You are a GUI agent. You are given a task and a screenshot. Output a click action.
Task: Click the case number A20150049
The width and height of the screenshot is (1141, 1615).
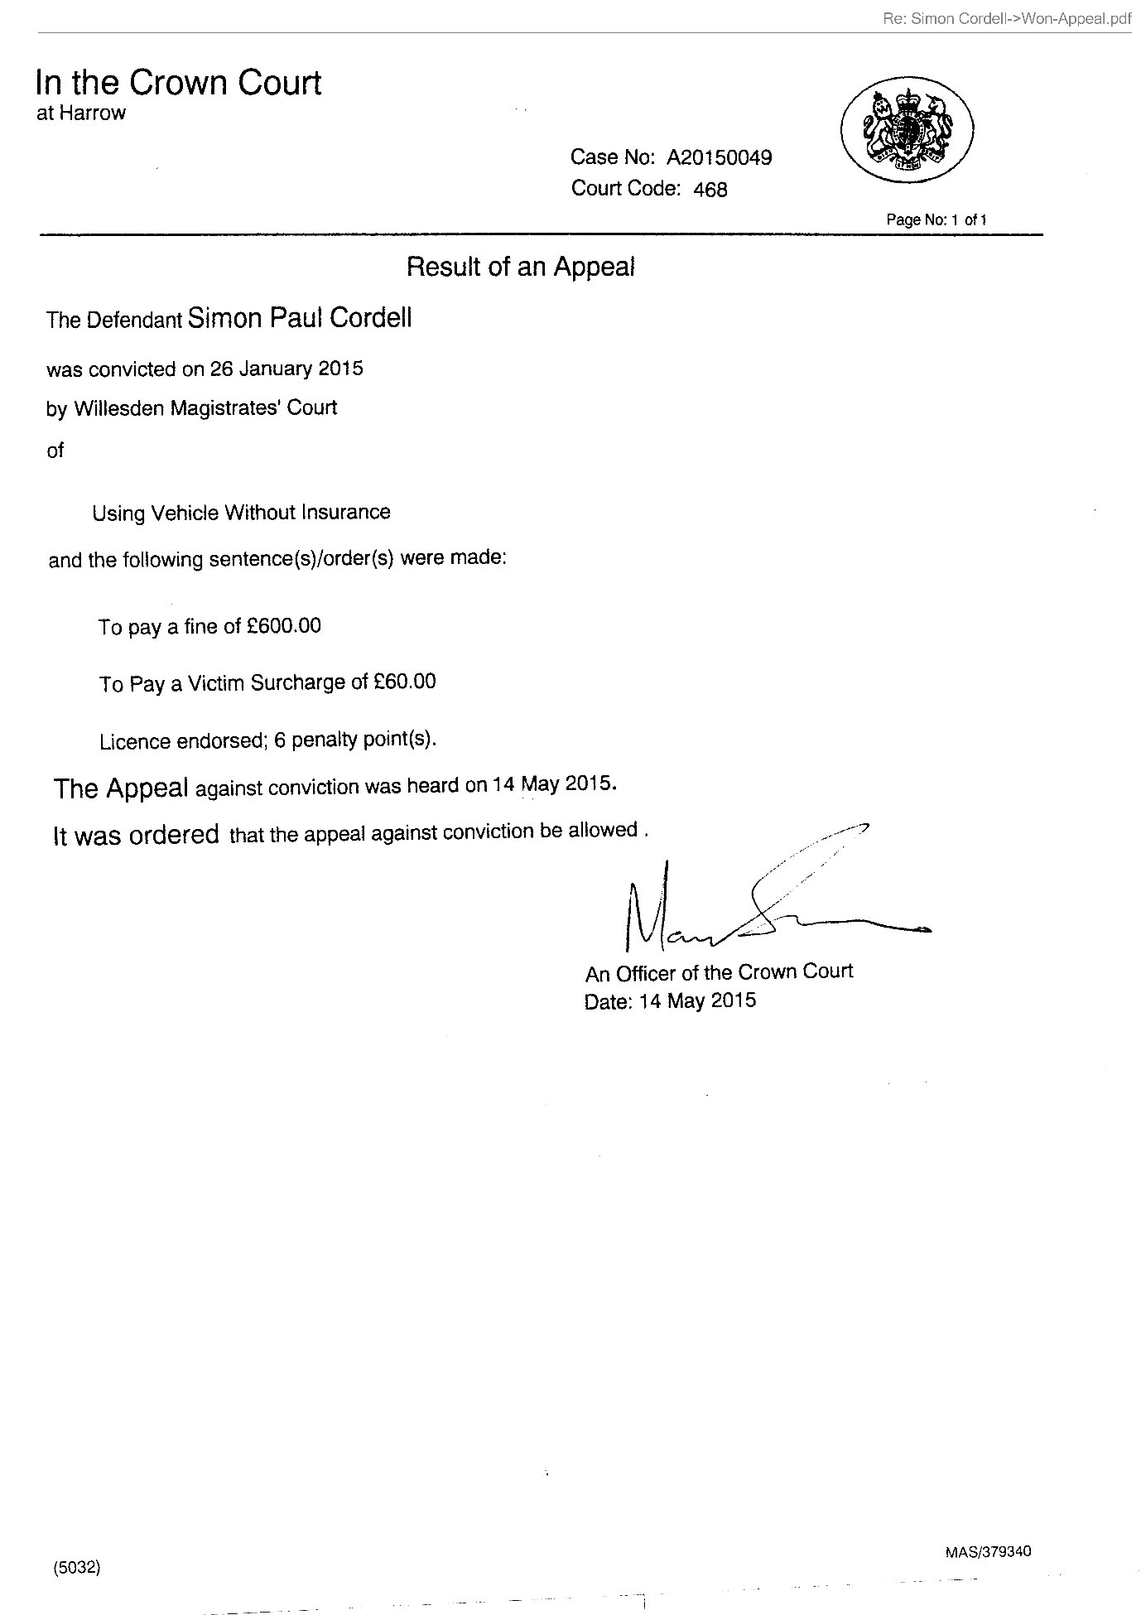coord(719,157)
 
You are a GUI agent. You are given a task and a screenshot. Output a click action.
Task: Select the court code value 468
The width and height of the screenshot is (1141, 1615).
coord(710,190)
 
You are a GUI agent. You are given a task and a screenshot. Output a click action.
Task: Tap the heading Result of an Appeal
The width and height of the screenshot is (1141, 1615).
coord(520,267)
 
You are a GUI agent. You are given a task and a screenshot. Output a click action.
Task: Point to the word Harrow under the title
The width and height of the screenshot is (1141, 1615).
coord(92,113)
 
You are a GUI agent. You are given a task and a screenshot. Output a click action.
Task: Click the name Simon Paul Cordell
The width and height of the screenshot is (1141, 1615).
coord(299,318)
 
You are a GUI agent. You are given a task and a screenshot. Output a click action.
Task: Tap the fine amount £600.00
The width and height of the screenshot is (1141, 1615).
coord(284,625)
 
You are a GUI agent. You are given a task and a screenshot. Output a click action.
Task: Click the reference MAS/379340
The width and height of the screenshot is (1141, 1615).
coord(987,1551)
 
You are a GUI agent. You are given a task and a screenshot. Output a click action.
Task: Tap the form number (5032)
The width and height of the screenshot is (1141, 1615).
coord(76,1567)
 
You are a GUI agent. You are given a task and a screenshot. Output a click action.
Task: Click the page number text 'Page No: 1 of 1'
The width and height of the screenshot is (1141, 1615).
coord(936,219)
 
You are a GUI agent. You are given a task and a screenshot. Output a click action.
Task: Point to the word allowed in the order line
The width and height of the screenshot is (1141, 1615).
coord(602,830)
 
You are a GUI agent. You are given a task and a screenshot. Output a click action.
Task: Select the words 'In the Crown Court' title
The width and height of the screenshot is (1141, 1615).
coord(178,83)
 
